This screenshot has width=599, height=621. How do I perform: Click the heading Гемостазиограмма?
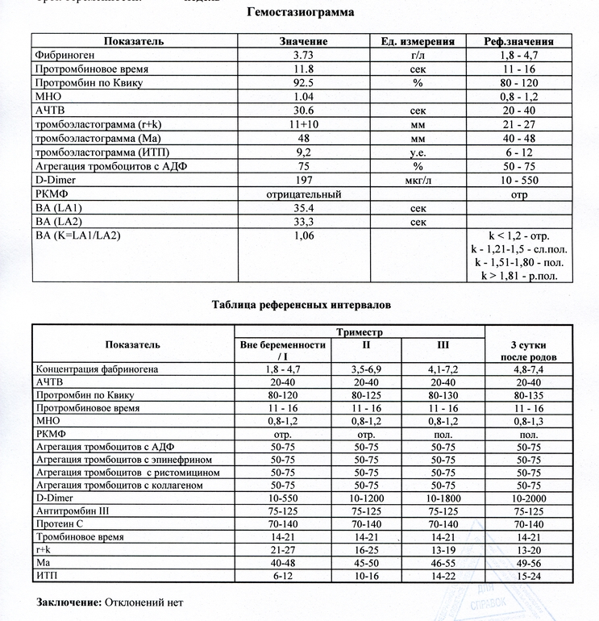coord(299,14)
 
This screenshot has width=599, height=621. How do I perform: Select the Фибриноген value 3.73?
coord(303,55)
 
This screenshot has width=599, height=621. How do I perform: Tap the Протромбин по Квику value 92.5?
coord(303,83)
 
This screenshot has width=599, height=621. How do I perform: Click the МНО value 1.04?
coord(303,97)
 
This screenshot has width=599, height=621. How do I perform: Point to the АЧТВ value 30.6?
coord(303,110)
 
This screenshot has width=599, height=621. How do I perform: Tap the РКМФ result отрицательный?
coord(303,194)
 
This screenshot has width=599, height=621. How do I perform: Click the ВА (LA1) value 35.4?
coord(303,208)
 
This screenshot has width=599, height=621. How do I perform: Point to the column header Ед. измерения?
coord(417,41)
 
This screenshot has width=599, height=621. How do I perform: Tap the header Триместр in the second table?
coord(360,331)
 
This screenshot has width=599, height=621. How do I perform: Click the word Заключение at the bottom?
coord(69,602)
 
